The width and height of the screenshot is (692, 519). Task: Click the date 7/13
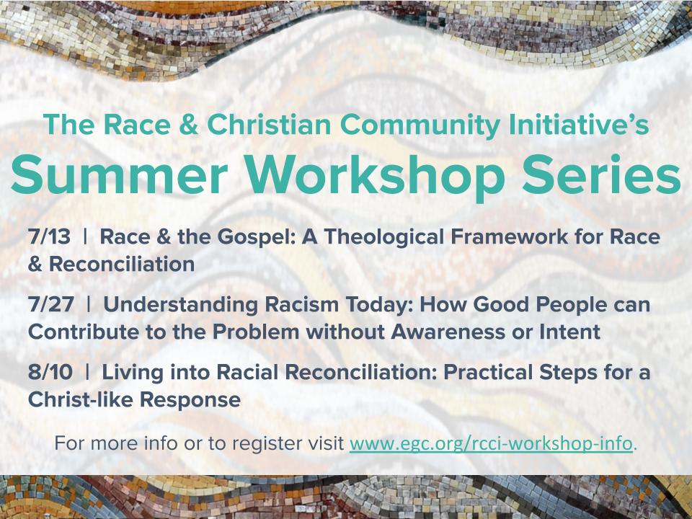pyautogui.click(x=49, y=236)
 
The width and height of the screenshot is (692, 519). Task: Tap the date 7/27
pyautogui.click(x=50, y=304)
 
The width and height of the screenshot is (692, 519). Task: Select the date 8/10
pyautogui.click(x=50, y=372)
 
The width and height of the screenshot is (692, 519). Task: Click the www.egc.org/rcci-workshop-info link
pyautogui.click(x=491, y=443)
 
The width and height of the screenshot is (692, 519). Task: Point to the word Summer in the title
pyautogui.click(x=120, y=174)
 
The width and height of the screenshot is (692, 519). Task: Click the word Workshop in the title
pyautogui.click(x=375, y=177)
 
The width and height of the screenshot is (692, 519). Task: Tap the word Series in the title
pyautogui.click(x=601, y=174)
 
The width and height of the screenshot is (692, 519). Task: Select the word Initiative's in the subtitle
pyautogui.click(x=579, y=125)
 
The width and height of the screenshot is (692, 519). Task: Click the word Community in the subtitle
pyautogui.click(x=420, y=125)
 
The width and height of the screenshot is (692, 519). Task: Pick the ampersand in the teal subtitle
pyautogui.click(x=189, y=125)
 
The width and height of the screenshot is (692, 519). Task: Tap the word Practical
pyautogui.click(x=489, y=372)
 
